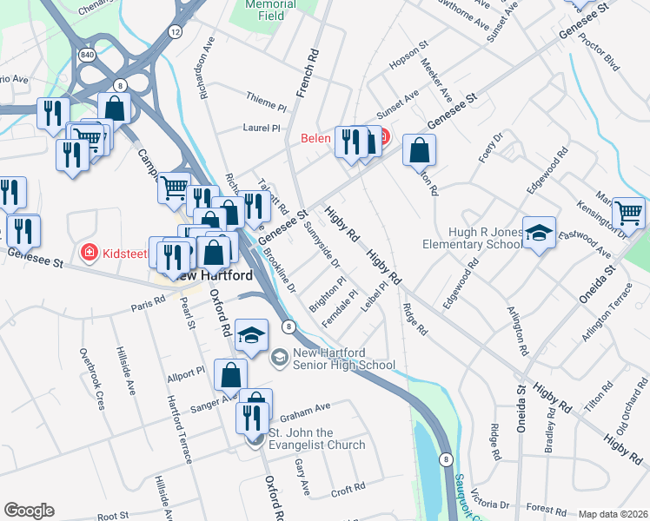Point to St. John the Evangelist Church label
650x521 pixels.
click(x=316, y=439)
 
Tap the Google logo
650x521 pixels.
click(x=29, y=511)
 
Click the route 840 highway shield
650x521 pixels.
click(x=86, y=55)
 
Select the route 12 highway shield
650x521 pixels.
click(x=176, y=32)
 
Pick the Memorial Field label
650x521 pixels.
click(x=270, y=9)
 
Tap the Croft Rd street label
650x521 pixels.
click(x=348, y=490)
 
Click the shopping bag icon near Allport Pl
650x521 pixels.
click(x=231, y=376)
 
